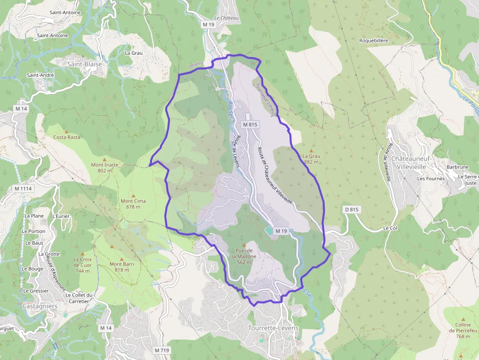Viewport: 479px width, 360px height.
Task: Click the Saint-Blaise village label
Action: (85, 64)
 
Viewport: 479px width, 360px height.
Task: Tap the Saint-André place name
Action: (40, 75)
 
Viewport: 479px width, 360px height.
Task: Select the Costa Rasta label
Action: (66, 137)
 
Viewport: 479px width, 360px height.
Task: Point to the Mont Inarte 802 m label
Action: (105, 168)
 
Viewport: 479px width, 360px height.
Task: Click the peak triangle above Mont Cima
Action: (133, 193)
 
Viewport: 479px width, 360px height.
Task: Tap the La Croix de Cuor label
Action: (83, 265)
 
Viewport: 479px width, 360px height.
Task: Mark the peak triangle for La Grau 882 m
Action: (311, 150)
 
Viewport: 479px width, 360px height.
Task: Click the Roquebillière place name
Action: (373, 41)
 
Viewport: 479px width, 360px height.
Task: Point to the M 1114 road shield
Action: (23, 189)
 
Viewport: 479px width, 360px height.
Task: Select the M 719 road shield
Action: (161, 350)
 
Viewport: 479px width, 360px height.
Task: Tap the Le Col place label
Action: (390, 228)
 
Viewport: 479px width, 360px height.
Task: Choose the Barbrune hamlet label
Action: (457, 167)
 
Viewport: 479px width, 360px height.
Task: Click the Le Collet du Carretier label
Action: (79, 298)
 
